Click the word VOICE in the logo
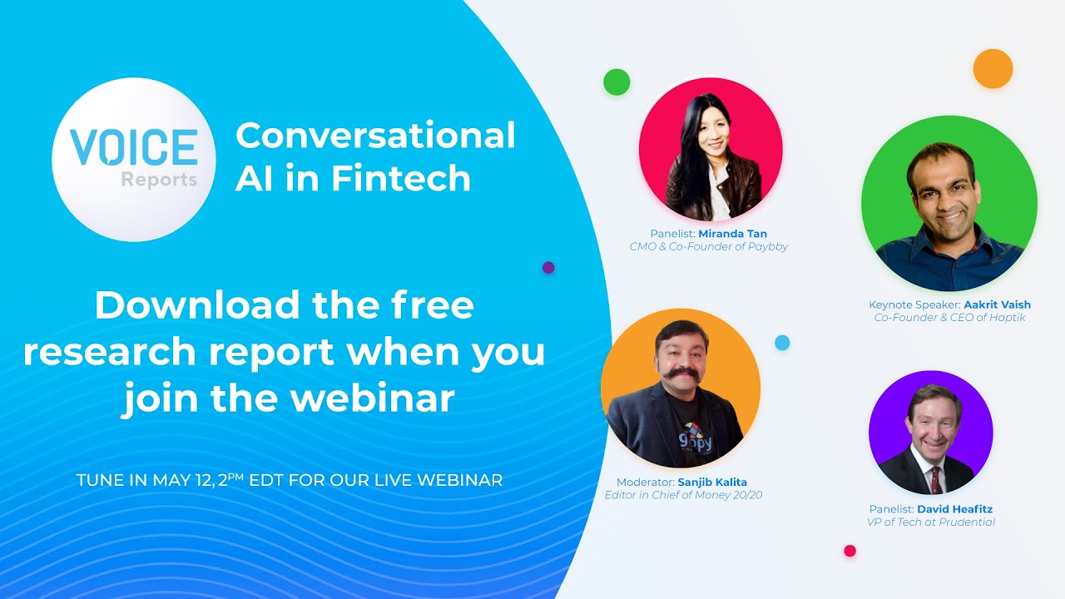134,147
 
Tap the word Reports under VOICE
159,180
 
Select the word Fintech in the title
402,177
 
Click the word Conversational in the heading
375,135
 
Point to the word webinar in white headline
373,399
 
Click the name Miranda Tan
732,234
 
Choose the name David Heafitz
954,509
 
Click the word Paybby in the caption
767,247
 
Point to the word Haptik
1008,318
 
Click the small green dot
617,82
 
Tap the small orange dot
993,68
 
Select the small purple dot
548,268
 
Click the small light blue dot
782,343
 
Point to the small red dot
850,551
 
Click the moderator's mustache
680,374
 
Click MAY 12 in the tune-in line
183,480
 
